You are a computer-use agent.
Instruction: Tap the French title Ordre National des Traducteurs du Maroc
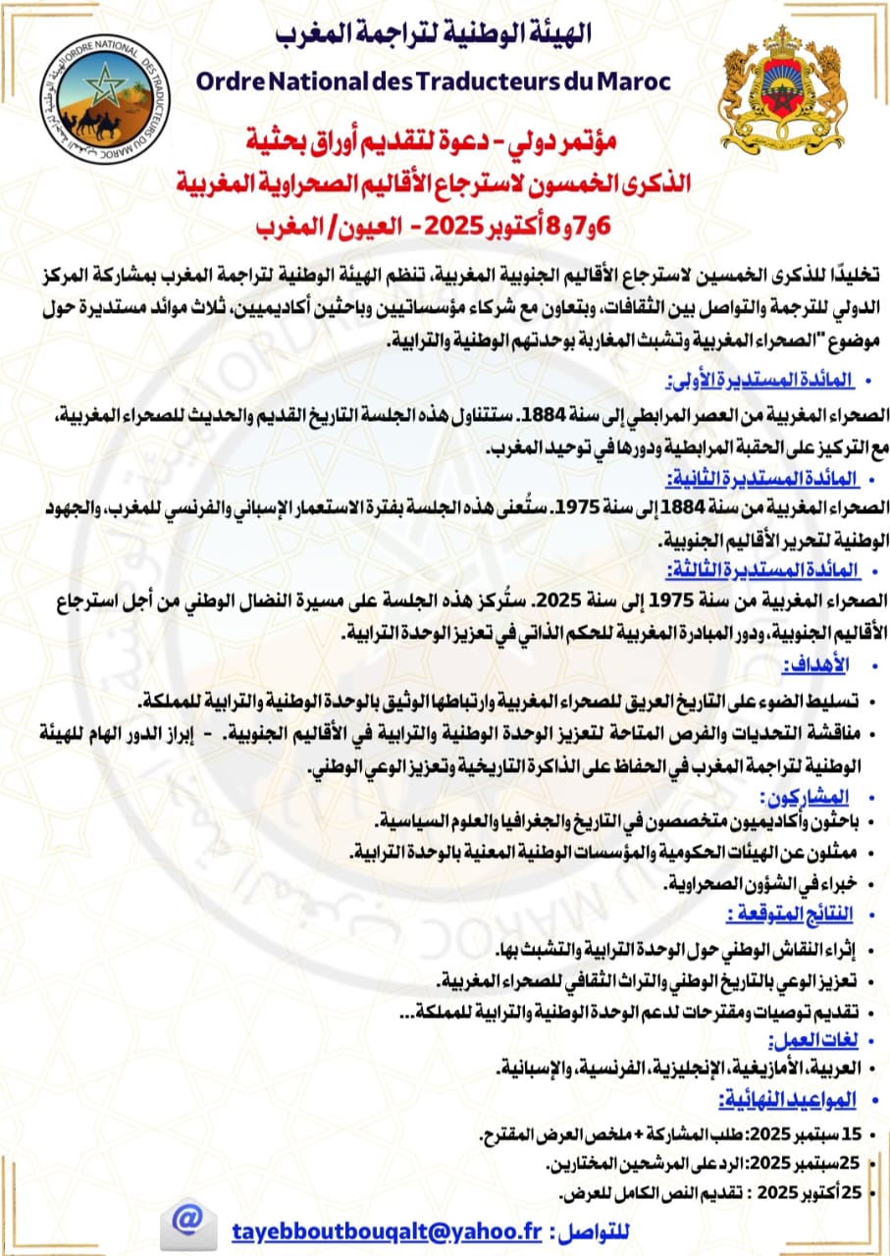[x=434, y=80]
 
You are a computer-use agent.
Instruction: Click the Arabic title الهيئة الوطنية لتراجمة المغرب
[x=435, y=34]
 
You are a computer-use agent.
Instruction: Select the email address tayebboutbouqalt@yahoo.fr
[x=387, y=1231]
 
